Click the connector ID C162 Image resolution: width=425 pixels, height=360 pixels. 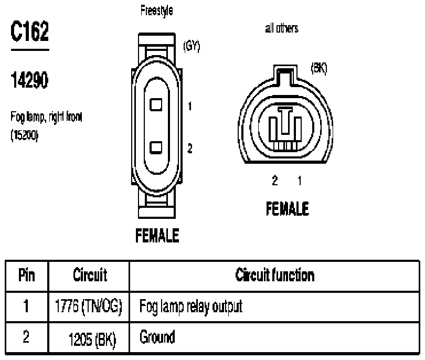coord(30,31)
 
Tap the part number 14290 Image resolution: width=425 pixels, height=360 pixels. coord(29,80)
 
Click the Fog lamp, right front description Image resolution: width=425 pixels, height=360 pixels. coord(46,118)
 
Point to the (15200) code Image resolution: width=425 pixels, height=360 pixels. coord(24,135)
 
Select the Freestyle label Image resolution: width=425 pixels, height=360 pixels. coord(157,11)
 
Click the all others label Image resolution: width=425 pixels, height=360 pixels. coord(282,28)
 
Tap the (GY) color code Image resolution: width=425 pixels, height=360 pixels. coord(192,46)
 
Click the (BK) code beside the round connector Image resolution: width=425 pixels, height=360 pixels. coord(319,68)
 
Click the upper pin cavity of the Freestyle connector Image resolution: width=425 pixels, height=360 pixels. coord(156,104)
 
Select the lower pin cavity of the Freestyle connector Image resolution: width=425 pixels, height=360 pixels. coord(156,148)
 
